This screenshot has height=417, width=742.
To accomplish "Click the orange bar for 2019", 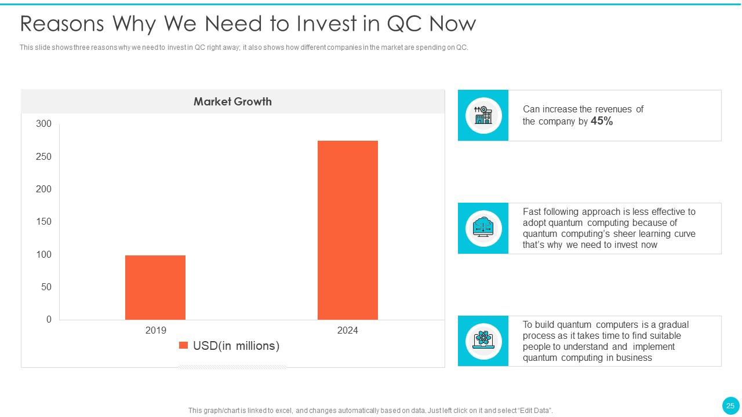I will click(x=155, y=287).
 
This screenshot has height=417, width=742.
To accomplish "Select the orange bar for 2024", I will click(x=348, y=230).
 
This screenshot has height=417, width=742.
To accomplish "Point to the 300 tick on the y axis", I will click(x=43, y=124).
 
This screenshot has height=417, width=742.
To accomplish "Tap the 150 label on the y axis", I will click(x=43, y=222).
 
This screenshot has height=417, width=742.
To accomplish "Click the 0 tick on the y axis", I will click(x=49, y=320).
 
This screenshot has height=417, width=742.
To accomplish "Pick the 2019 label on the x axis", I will click(x=155, y=331).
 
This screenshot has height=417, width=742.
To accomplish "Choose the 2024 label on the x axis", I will click(x=348, y=331).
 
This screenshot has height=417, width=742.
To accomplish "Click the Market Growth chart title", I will click(x=232, y=102).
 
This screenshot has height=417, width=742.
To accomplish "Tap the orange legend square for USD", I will click(x=183, y=346).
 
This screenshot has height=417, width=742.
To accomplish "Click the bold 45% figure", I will click(x=602, y=121).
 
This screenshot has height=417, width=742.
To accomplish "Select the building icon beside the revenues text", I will click(x=483, y=115).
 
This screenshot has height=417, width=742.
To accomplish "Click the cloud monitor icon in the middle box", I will click(x=483, y=228).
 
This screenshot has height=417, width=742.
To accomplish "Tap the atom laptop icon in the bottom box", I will click(x=483, y=341).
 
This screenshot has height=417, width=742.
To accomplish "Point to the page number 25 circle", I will click(x=730, y=405).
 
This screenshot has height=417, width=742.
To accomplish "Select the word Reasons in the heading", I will click(x=62, y=24).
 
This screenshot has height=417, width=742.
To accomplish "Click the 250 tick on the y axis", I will click(x=43, y=157).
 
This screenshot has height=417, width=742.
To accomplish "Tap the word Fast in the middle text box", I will click(x=532, y=212).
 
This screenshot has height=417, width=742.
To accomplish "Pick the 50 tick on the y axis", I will click(x=46, y=287).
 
